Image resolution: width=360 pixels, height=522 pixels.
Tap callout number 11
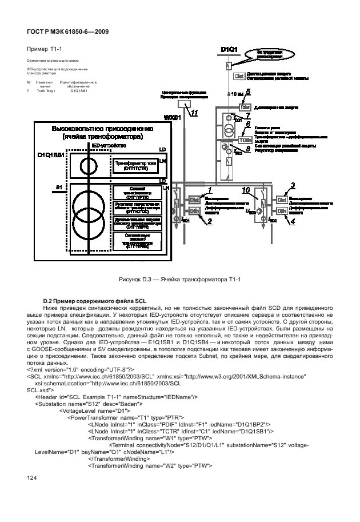pos(195,113)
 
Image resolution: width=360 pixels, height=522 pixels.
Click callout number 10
pos(246,189)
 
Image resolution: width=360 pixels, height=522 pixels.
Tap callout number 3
pos(293,185)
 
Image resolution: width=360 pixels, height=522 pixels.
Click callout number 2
pos(209,220)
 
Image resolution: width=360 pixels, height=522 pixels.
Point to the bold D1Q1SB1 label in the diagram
pos(53,155)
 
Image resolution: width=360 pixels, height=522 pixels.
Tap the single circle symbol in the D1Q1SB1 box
pos(87,166)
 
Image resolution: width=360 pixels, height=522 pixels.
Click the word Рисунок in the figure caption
pos(131,279)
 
